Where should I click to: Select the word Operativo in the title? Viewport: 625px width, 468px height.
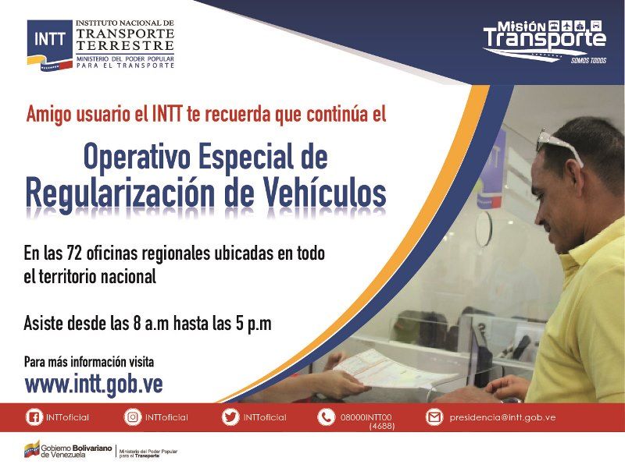[137, 157]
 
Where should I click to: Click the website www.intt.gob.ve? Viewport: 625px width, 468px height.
[94, 384]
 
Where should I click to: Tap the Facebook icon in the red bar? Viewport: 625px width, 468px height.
[34, 417]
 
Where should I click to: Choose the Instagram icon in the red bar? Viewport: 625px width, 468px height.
[133, 417]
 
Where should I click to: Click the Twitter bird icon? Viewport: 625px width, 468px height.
[230, 417]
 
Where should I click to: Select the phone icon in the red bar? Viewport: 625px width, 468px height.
[326, 417]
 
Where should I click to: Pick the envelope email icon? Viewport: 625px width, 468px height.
[434, 417]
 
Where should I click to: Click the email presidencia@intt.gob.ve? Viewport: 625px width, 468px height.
[502, 417]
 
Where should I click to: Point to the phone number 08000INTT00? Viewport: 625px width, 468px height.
[366, 417]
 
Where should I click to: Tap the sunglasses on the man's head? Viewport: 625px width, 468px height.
[559, 144]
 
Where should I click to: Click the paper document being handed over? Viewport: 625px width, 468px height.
[395, 370]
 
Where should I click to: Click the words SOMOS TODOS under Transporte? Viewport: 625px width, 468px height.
[589, 61]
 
